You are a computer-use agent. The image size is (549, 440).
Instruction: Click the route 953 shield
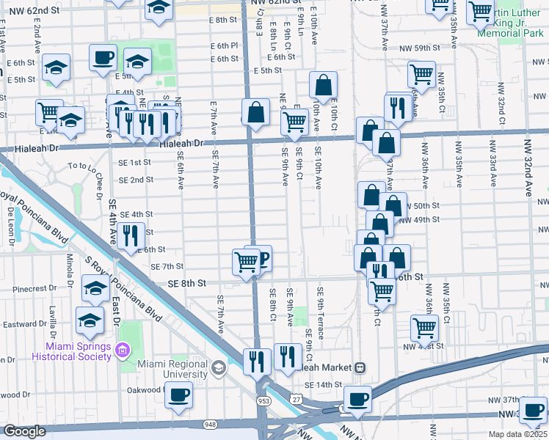pyautogui.click(x=262, y=400)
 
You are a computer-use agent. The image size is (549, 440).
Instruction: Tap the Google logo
pyautogui.click(x=23, y=432)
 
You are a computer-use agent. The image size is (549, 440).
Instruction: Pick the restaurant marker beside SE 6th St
pyautogui.click(x=130, y=235)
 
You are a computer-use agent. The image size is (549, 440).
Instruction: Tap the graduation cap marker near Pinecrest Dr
pyautogui.click(x=95, y=289)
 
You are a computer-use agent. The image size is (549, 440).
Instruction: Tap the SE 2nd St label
pyautogui.click(x=135, y=180)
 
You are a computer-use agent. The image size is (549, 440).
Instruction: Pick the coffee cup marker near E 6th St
pyautogui.click(x=103, y=57)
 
